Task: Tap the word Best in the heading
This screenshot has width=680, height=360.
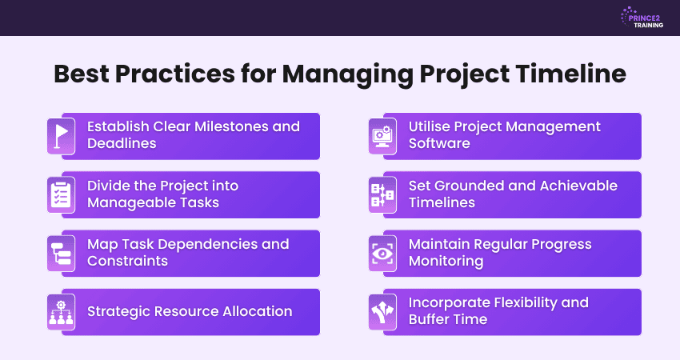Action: (x=85, y=74)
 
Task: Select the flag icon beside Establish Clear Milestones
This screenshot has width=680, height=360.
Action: (x=62, y=135)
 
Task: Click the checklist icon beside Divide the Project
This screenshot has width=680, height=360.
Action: (x=62, y=194)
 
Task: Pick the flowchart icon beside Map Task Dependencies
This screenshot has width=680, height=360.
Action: (x=62, y=253)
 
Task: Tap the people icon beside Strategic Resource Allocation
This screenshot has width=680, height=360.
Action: (x=62, y=312)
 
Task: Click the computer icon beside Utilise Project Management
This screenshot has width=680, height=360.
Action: (x=383, y=135)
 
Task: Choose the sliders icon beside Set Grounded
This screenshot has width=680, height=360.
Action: (x=383, y=194)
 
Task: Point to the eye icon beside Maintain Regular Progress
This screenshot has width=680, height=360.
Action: (x=383, y=253)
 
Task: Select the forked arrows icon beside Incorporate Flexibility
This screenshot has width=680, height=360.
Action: (x=383, y=312)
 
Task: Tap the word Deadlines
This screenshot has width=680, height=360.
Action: (x=122, y=144)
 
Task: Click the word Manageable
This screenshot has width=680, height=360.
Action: (x=131, y=202)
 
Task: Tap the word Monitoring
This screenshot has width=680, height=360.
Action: (x=446, y=262)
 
